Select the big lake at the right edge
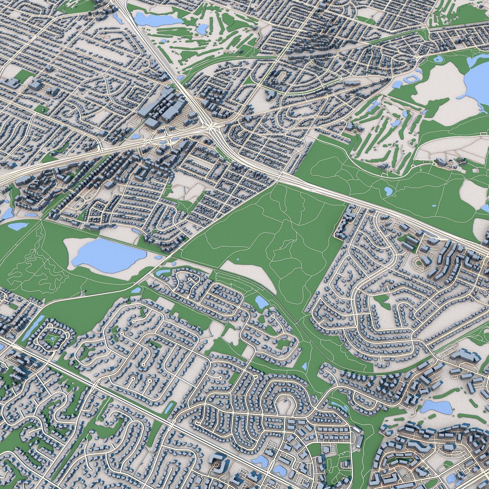coord(476,84)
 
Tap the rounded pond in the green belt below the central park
coord(260,301)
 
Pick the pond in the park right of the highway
coord(387,191)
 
